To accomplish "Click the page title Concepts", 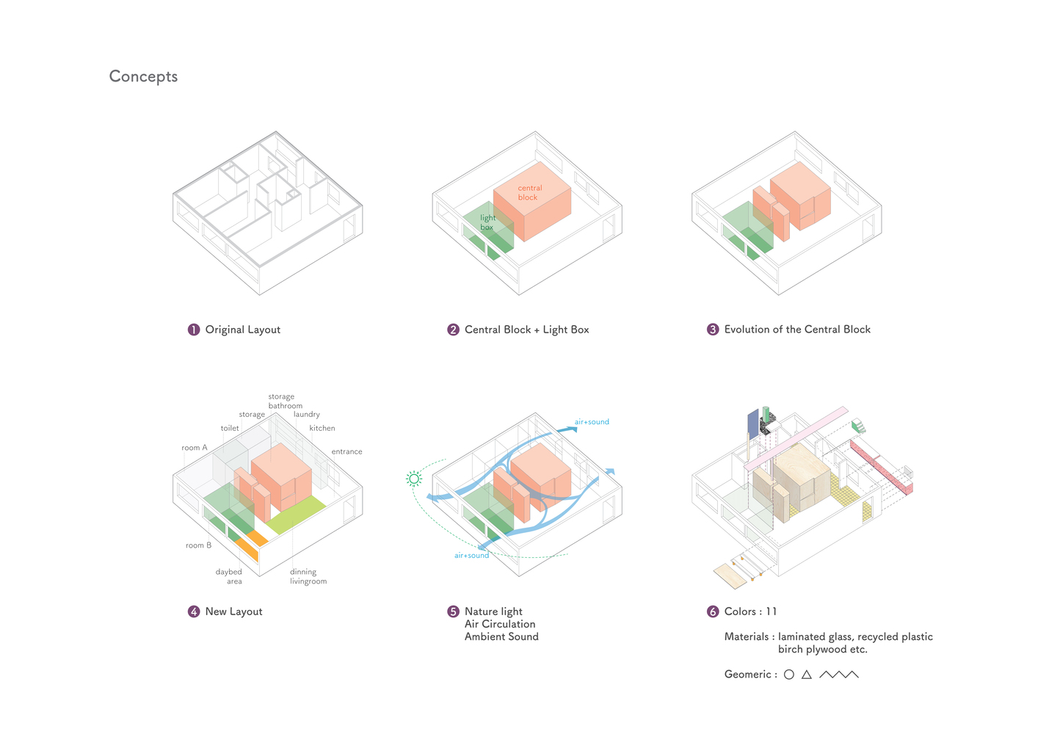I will point(143,76).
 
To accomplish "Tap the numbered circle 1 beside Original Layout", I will point(194,330).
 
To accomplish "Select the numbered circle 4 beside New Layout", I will point(194,611).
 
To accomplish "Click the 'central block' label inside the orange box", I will point(529,192).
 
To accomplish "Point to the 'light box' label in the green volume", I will point(487,222).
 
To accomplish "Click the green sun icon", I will point(414,479).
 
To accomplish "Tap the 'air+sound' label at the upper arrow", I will point(592,422).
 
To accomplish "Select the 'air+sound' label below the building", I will point(471,556).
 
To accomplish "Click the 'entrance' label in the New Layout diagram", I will point(346,451).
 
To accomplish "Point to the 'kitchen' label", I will point(322,428).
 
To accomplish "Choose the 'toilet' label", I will point(230,428).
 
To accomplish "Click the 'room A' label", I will point(195,448).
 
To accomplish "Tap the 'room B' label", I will point(198,545).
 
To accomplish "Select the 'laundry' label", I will point(307,414).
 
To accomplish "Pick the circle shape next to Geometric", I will point(789,675).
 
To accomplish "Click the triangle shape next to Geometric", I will point(807,675).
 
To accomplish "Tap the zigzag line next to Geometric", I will point(838,675).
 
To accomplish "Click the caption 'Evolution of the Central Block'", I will point(797,330).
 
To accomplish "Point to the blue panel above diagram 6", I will point(752,425).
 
